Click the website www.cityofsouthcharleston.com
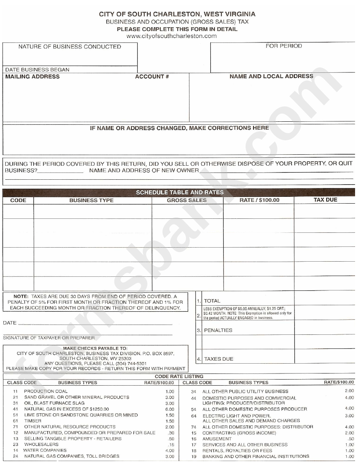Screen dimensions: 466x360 pyautogui.click(x=171, y=36)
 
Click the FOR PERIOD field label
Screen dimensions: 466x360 pyautogui.click(x=283, y=46)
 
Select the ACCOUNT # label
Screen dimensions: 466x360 pyautogui.click(x=152, y=77)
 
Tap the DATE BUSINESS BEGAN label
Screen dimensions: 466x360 pyautogui.click(x=37, y=70)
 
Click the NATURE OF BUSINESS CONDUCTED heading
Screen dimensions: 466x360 pyautogui.click(x=70, y=47)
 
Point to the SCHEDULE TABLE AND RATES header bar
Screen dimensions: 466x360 pyautogui.click(x=180, y=192)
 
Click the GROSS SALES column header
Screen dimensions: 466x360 pyautogui.click(x=187, y=200)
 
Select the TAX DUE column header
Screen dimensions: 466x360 pyautogui.click(x=325, y=200)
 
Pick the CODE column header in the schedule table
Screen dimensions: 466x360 pyautogui.click(x=18, y=200)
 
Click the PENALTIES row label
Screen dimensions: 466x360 pyautogui.click(x=218, y=330)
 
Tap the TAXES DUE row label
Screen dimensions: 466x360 pyautogui.click(x=219, y=359)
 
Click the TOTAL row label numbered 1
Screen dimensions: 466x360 pyautogui.click(x=212, y=301)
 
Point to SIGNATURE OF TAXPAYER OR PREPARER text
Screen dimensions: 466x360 pyautogui.click(x=49, y=338)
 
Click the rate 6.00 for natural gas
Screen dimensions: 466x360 pyautogui.click(x=169, y=409)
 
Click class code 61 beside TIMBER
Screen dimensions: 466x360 pyautogui.click(x=16, y=421)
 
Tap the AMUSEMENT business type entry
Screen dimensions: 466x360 pyautogui.click(x=217, y=439)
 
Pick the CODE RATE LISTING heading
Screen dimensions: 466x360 pyautogui.click(x=179, y=377)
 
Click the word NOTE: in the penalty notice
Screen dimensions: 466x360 pyautogui.click(x=21, y=297)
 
